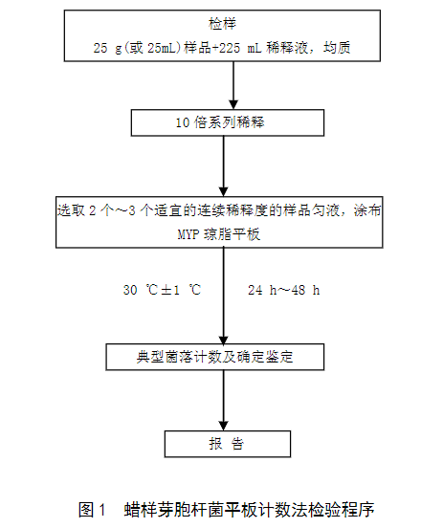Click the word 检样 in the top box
222,24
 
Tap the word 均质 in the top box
337,48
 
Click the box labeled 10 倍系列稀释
228,122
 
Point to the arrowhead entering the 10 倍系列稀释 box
233,104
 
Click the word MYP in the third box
188,234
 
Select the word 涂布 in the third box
367,210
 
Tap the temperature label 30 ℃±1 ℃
163,290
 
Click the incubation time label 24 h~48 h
284,290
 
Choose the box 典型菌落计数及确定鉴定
215,357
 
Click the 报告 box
228,444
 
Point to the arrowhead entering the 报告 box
223,426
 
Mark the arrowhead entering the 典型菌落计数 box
223,340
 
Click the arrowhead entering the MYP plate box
223,191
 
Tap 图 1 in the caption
92,510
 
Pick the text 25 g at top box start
107,48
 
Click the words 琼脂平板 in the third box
233,234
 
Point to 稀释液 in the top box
287,48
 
